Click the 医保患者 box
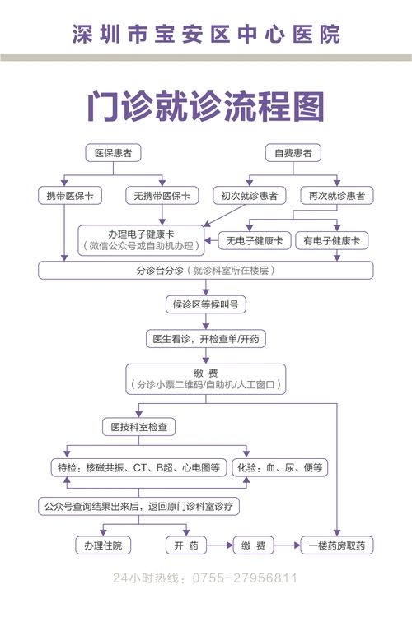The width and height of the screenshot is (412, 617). click(x=114, y=153)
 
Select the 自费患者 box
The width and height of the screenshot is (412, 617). click(x=293, y=153)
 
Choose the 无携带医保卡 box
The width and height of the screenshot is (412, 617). click(x=162, y=196)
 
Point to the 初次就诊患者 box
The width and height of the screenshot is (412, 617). click(x=248, y=196)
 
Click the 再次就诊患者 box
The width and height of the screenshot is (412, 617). click(x=336, y=196)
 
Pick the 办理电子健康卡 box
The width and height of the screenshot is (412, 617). click(x=140, y=239)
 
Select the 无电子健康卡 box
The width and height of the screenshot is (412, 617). click(x=255, y=240)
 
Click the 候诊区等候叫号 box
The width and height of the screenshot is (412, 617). click(x=205, y=305)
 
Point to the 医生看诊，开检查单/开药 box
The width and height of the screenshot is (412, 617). click(x=205, y=339)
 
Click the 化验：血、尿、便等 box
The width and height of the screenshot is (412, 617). click(x=282, y=467)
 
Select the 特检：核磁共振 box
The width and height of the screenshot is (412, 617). click(x=138, y=467)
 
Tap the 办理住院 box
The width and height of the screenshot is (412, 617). click(x=102, y=545)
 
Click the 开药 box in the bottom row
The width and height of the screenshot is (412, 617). click(x=180, y=545)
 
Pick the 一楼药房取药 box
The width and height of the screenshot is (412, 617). click(x=337, y=545)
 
